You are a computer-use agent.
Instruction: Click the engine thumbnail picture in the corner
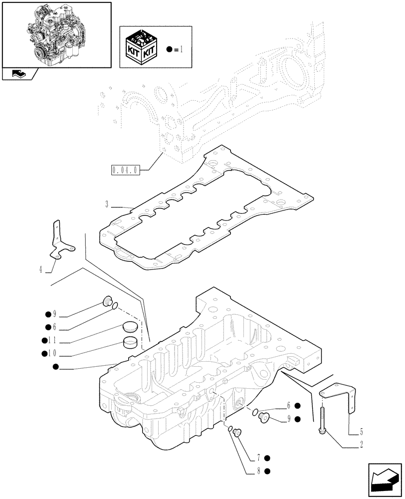point(56,34)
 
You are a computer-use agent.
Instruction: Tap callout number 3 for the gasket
point(107,204)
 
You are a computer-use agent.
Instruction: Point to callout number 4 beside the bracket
point(40,270)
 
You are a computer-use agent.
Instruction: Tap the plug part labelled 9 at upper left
point(106,301)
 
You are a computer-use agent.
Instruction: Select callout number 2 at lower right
point(361,443)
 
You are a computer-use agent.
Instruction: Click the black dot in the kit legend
point(170,49)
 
